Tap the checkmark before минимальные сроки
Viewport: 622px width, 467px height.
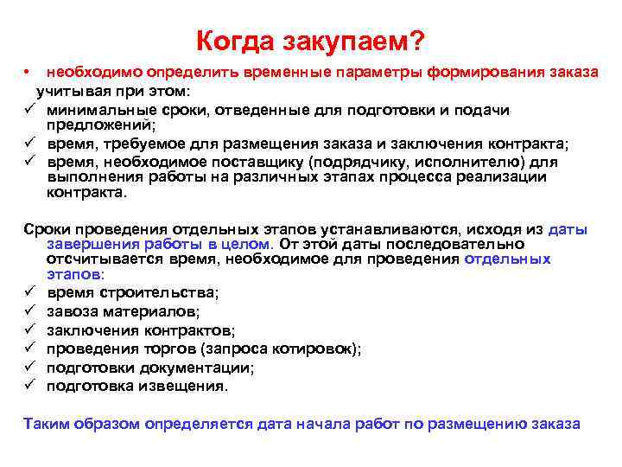pyautogui.click(x=29, y=110)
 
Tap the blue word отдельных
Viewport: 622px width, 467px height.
pyautogui.click(x=507, y=259)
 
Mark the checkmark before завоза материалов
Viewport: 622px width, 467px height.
pyautogui.click(x=29, y=311)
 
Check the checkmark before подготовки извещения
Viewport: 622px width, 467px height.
pyautogui.click(x=29, y=386)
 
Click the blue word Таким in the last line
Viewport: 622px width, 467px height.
pyautogui.click(x=46, y=424)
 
